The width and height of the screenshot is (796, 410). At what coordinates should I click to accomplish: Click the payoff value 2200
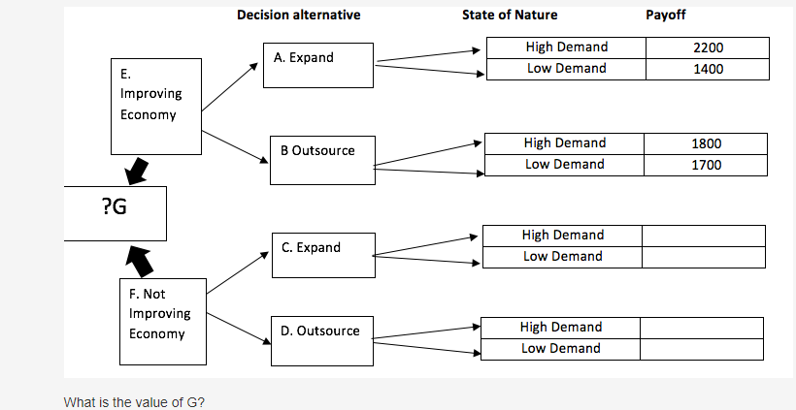[x=709, y=47]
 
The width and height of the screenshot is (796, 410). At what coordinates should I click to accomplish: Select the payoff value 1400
[x=709, y=69]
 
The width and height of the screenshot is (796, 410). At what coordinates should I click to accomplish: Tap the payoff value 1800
[x=706, y=143]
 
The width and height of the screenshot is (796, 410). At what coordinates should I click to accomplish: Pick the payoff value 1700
[x=706, y=165]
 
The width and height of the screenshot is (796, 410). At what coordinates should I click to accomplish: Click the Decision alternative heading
[x=298, y=15]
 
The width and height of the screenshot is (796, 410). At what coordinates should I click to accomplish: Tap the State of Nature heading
[x=510, y=15]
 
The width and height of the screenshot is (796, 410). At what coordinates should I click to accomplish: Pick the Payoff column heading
[x=665, y=15]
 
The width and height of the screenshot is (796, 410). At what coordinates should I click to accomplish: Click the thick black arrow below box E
[x=137, y=172]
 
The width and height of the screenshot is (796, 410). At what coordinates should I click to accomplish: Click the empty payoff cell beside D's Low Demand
[x=701, y=349]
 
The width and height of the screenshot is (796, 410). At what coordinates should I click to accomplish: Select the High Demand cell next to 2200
[x=565, y=47]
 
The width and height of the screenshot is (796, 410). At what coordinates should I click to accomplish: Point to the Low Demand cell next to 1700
[x=563, y=165]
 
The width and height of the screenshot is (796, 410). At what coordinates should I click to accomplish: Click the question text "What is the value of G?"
[x=134, y=401]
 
